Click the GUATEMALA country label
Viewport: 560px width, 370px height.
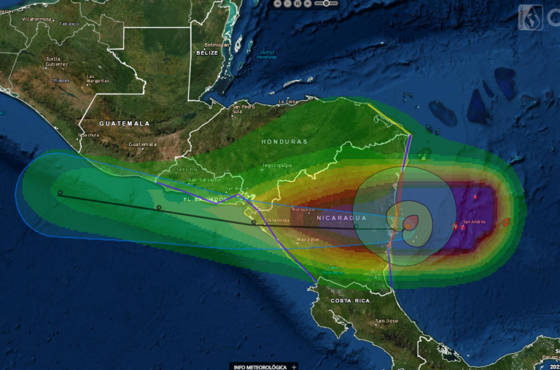[x=124, y=123]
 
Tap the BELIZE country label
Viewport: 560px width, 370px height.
[x=208, y=53]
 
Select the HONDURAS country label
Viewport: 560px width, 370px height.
[x=284, y=141]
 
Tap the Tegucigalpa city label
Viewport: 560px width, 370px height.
[x=277, y=165]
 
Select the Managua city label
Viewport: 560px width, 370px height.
[x=308, y=239]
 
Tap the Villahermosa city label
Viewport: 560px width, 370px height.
[x=38, y=19]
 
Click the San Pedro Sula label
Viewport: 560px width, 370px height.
[x=243, y=110]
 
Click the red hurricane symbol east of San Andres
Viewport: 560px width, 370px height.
[x=506, y=222]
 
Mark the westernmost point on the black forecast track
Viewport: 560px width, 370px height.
[x=61, y=193]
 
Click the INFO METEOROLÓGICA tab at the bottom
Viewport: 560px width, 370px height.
[x=259, y=366]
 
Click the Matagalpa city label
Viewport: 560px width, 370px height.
[x=303, y=209]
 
